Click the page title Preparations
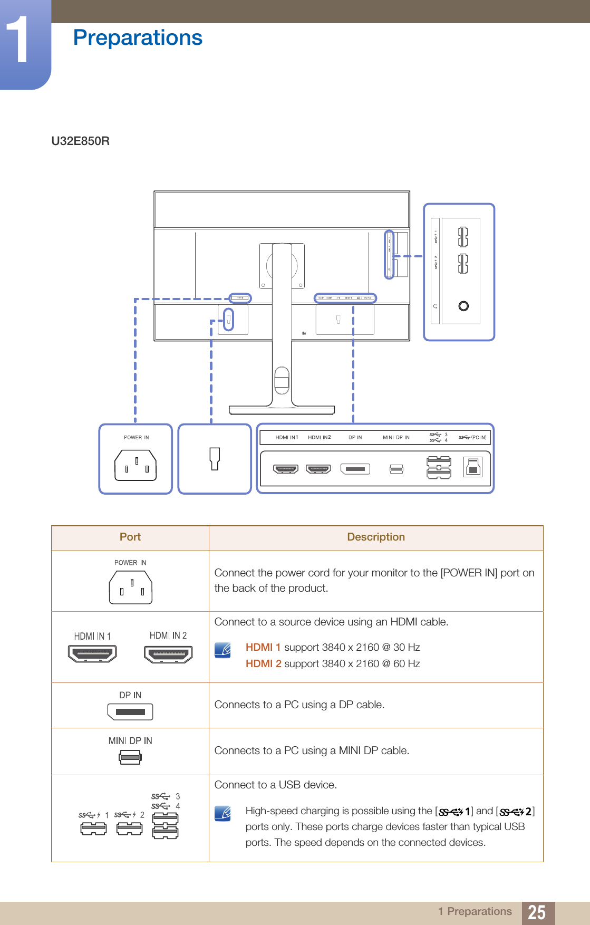point(138,38)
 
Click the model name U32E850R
point(80,141)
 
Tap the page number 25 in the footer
point(536,912)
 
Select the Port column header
point(130,537)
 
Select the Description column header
point(375,537)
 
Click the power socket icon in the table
point(131,587)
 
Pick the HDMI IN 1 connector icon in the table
point(92,654)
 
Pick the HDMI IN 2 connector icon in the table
point(168,654)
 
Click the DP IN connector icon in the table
point(130,712)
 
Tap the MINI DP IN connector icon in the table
point(130,758)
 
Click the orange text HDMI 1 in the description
point(263,647)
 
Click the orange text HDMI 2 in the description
point(263,663)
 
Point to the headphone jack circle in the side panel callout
point(463,306)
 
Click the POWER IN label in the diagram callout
point(136,438)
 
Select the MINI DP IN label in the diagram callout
point(396,438)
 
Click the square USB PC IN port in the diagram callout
point(473,468)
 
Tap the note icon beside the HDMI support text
point(223,650)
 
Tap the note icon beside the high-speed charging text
point(223,813)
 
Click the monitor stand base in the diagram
point(282,410)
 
